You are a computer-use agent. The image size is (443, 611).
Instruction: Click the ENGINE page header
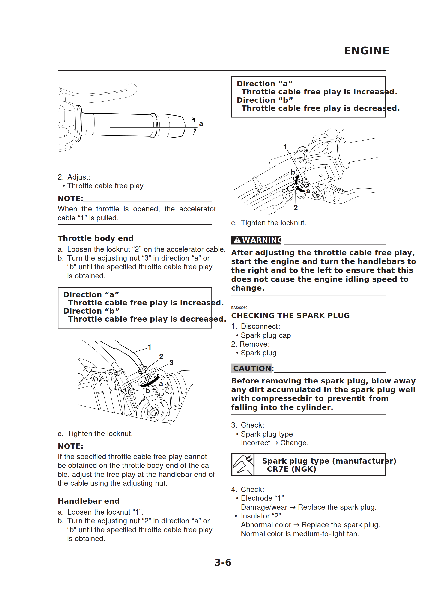pyautogui.click(x=366, y=51)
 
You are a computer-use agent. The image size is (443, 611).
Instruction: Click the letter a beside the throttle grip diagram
pyautogui.click(x=201, y=124)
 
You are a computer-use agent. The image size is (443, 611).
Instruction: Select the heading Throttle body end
pyautogui.click(x=95, y=238)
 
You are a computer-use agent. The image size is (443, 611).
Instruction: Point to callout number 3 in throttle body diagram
pyautogui.click(x=171, y=363)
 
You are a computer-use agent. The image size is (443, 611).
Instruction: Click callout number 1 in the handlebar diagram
pyautogui.click(x=285, y=147)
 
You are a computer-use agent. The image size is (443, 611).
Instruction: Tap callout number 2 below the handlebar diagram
pyautogui.click(x=296, y=208)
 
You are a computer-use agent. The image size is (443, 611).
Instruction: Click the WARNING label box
pyautogui.click(x=256, y=240)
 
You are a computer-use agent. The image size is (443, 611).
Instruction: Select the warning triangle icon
pyautogui.click(x=237, y=240)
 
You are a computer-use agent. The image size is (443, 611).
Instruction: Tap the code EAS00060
pyautogui.click(x=239, y=308)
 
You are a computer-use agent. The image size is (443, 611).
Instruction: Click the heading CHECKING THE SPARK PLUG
pyautogui.click(x=290, y=315)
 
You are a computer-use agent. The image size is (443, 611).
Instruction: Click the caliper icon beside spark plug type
pyautogui.click(x=243, y=464)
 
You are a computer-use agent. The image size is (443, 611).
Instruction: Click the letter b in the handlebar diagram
pyautogui.click(x=293, y=172)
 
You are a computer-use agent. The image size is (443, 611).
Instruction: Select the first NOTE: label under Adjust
pyautogui.click(x=70, y=198)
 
